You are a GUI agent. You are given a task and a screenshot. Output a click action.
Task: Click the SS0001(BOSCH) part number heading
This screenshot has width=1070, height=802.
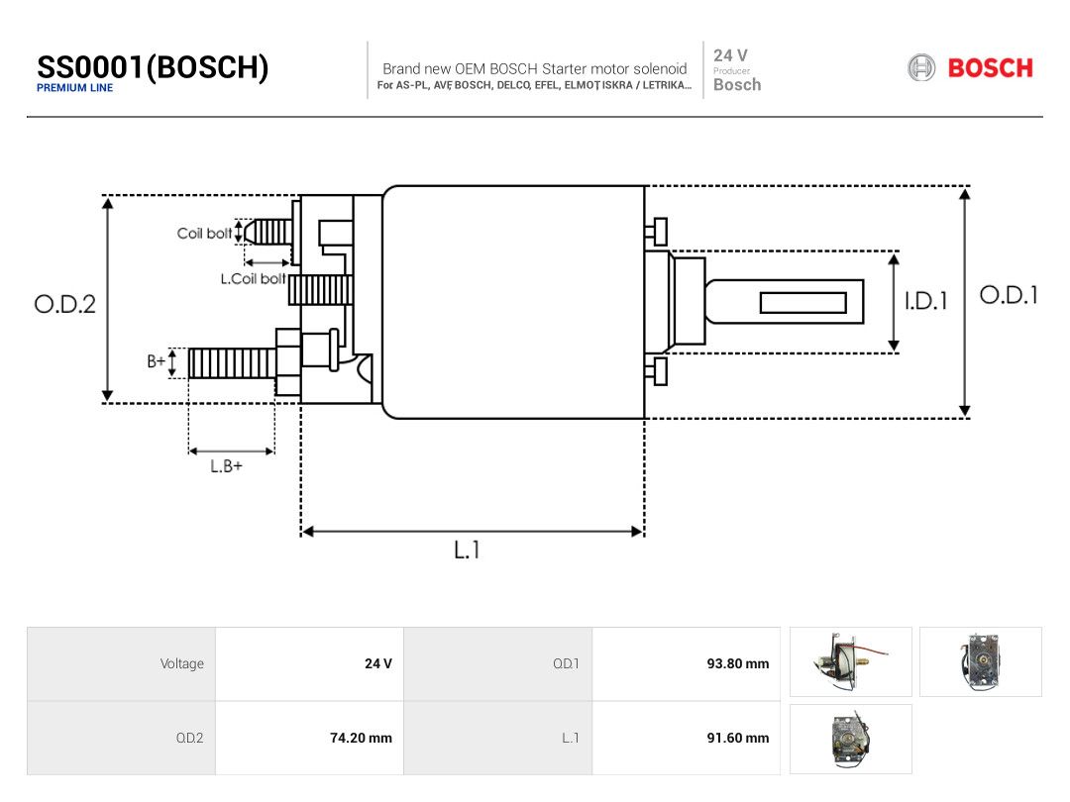pos(153,67)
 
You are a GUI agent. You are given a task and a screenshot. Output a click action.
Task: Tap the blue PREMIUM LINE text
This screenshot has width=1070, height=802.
pos(75,88)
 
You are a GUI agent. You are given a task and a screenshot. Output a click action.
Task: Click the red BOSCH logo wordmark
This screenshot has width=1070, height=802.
pos(990,68)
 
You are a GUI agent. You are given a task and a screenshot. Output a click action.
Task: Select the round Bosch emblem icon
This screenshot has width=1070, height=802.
pos(921,68)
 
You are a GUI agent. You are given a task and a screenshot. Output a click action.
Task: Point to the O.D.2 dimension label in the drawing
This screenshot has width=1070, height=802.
pos(64,304)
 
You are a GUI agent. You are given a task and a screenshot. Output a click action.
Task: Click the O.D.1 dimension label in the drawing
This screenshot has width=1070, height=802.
pos(1009,295)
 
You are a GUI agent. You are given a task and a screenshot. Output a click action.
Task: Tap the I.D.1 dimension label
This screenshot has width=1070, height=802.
pos(926,301)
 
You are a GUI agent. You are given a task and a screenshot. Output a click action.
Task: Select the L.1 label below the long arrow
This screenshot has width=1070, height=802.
pos(467,550)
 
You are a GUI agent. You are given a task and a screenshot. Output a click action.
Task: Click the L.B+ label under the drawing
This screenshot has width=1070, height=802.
pos(226,466)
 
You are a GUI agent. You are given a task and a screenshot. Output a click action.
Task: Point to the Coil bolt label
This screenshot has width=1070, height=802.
pos(204,234)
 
